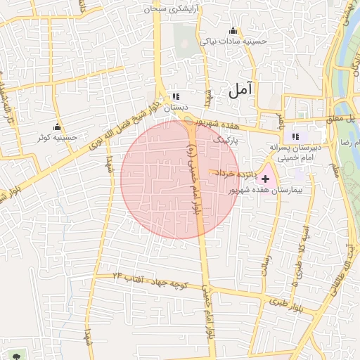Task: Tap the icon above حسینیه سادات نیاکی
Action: pos(233,31)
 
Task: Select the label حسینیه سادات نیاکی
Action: pos(235,41)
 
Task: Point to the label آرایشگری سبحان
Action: pos(174,9)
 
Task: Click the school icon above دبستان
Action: pos(176,96)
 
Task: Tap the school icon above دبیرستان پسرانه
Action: pos(295,136)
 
